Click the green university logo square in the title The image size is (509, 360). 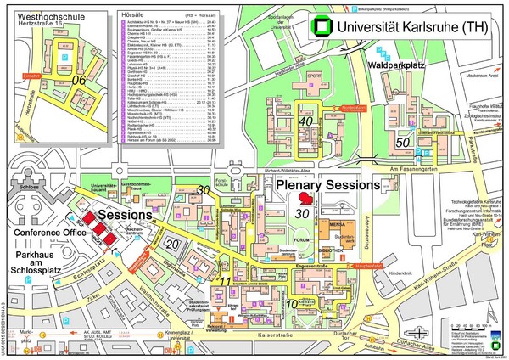(321, 26)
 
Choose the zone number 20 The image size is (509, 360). (171, 245)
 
